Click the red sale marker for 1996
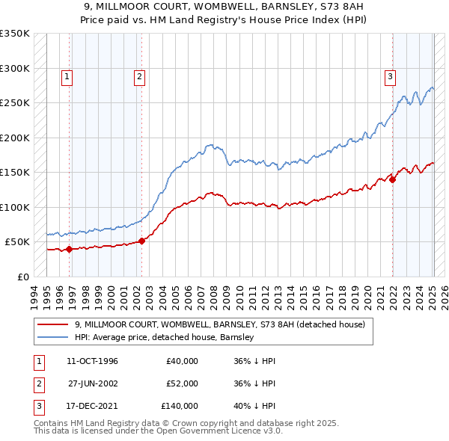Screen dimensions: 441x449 (70, 249)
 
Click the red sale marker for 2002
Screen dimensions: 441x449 (141, 241)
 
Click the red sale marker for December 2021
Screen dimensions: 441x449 (392, 179)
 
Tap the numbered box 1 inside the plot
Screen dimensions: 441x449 (67, 75)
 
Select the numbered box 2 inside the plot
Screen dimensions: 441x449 (139, 75)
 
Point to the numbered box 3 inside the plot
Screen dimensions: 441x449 (390, 75)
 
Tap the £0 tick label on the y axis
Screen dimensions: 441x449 (22, 277)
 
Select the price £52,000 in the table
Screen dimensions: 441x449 (182, 383)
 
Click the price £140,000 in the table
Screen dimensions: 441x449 (180, 406)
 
